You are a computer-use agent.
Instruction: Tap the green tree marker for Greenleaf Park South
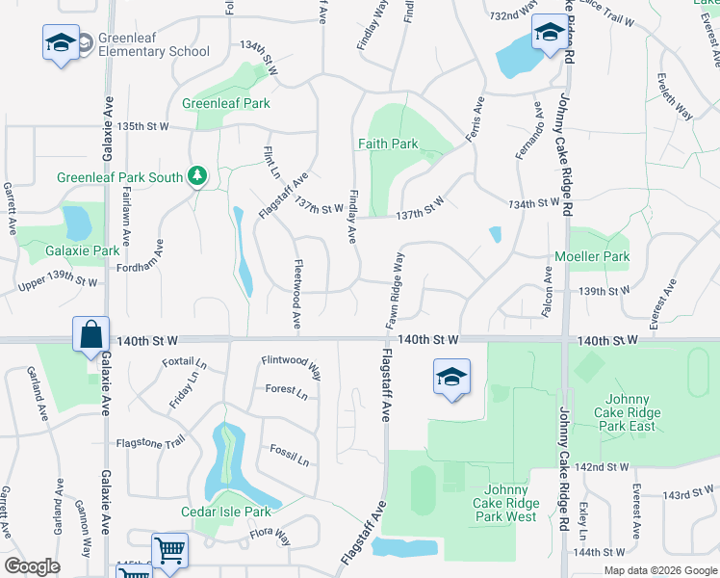pyautogui.click(x=197, y=175)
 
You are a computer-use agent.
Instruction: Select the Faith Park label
pyautogui.click(x=388, y=144)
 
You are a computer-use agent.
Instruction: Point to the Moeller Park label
pyautogui.click(x=591, y=257)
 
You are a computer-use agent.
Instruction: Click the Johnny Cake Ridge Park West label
pyautogui.click(x=505, y=503)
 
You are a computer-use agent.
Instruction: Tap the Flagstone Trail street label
pyautogui.click(x=150, y=442)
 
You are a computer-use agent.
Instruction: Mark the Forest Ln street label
pyautogui.click(x=287, y=393)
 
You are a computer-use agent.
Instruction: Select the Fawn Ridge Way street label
pyautogui.click(x=396, y=291)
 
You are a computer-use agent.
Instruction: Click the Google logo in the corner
pyautogui.click(x=32, y=566)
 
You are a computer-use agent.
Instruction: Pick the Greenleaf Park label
pyautogui.click(x=226, y=103)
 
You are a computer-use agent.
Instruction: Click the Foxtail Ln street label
pyautogui.click(x=185, y=363)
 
